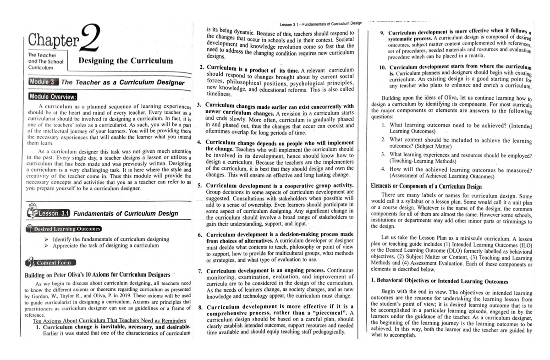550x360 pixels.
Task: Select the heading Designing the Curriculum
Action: pyautogui.click(x=126, y=61)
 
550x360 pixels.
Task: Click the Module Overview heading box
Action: pyautogui.click(x=53, y=97)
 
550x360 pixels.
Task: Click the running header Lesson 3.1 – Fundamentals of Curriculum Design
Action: pyautogui.click(x=320, y=23)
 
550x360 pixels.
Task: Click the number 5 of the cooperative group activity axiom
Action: pyautogui.click(x=200, y=185)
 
